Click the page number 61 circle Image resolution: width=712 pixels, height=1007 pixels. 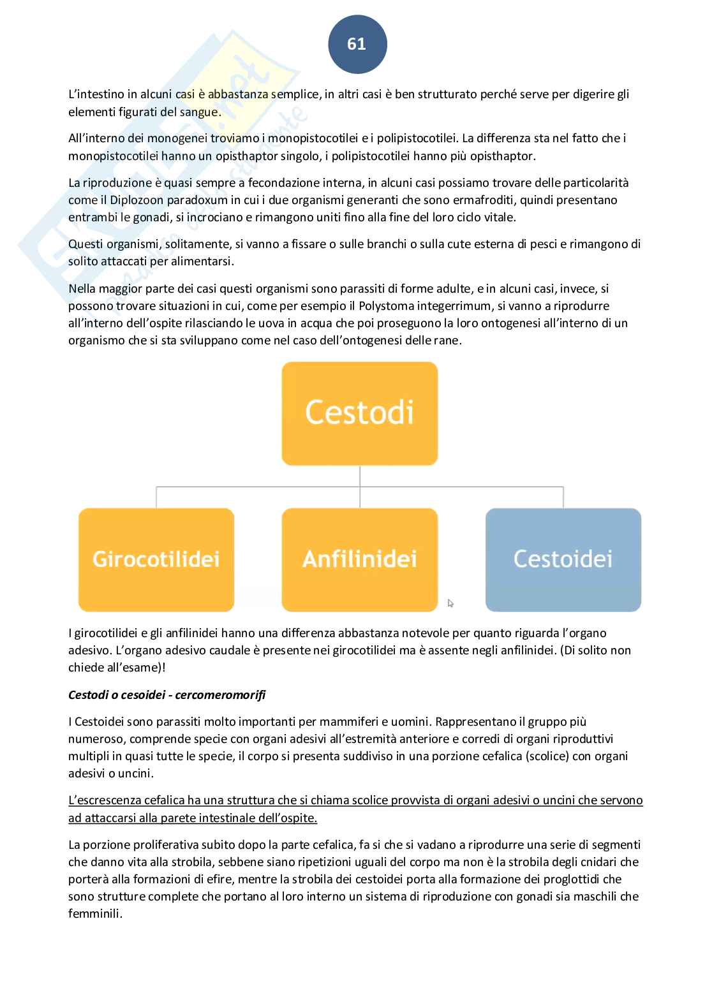357,44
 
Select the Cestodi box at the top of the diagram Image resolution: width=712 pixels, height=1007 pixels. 359,413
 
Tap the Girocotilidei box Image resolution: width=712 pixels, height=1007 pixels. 156,559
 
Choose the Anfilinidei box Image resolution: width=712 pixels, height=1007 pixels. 359,559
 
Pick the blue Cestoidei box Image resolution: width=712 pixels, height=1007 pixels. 563,559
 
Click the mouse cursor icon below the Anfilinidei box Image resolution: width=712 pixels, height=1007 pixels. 450,603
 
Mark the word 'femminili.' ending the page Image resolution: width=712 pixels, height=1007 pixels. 95,914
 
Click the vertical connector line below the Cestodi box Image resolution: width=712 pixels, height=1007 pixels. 360,476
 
